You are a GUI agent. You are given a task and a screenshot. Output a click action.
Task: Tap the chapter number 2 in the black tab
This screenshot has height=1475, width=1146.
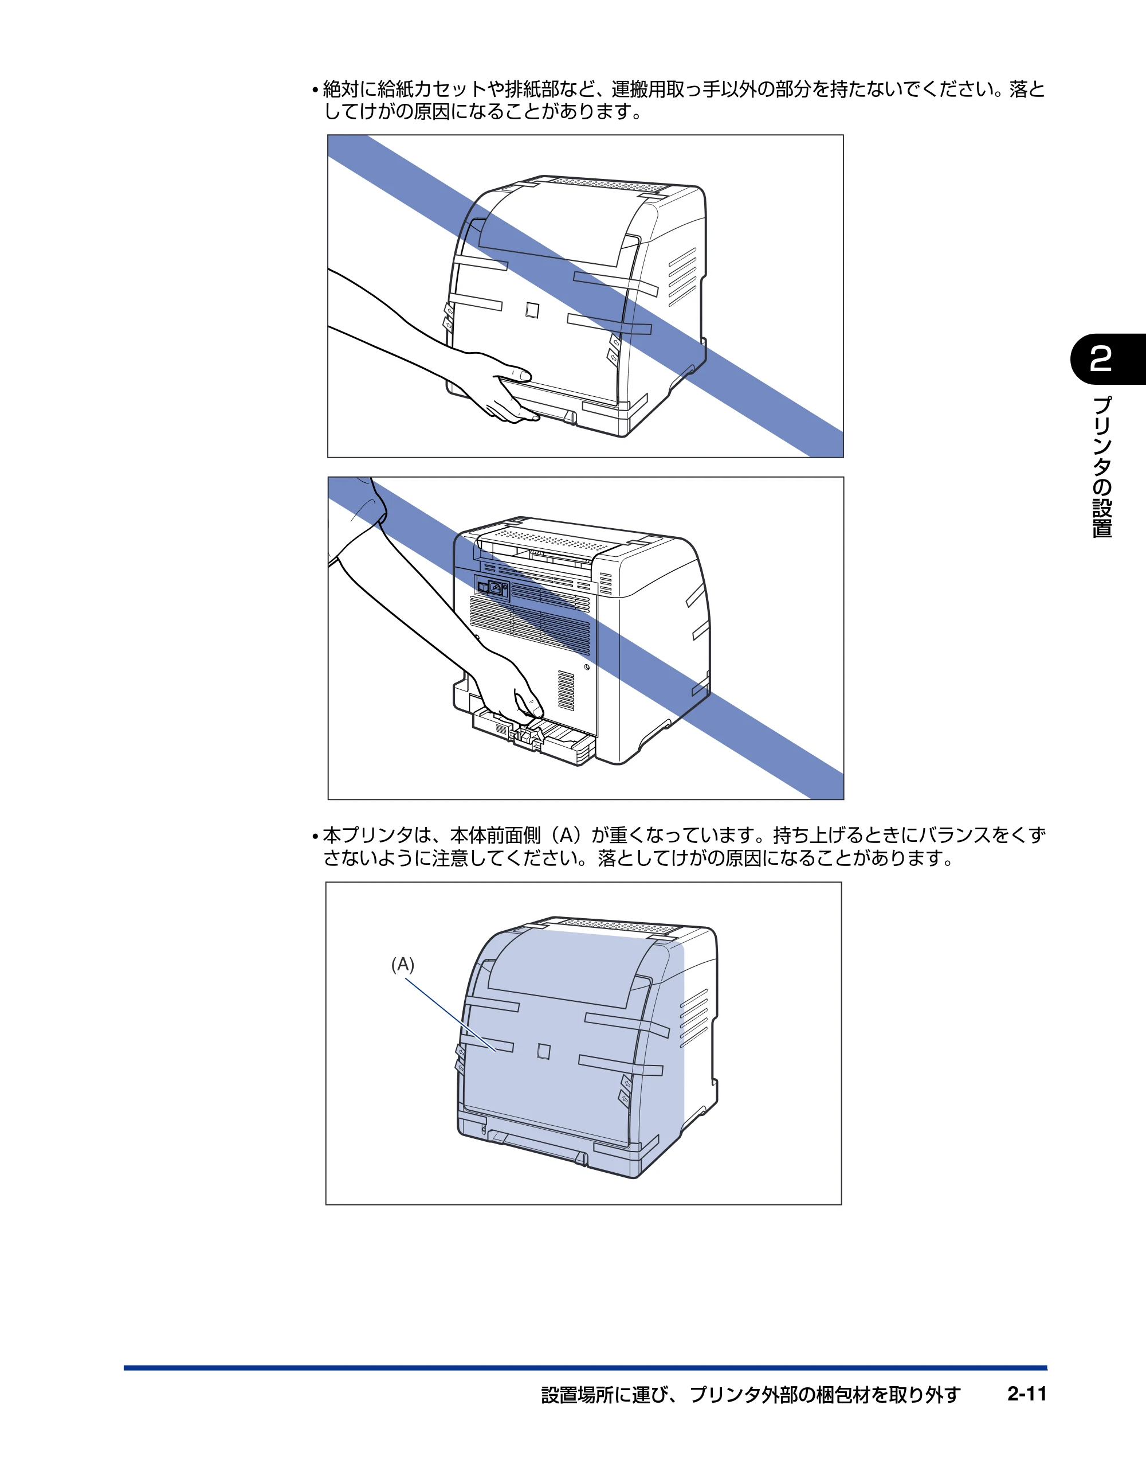1101,360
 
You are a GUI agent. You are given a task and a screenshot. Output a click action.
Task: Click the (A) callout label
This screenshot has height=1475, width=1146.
403,965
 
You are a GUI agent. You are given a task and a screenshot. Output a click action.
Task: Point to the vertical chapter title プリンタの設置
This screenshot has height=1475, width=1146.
1101,467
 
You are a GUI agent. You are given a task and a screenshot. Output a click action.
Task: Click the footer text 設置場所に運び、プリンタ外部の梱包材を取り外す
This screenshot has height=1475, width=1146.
751,1395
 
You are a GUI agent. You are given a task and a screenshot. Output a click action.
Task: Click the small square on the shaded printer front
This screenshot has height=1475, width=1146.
543,1052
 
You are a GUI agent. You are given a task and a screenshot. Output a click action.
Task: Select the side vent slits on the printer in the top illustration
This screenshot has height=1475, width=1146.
682,278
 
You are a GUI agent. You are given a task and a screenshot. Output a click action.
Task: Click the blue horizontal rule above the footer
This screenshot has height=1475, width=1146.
585,1368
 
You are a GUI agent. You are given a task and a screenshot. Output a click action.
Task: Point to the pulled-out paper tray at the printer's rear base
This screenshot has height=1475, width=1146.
533,737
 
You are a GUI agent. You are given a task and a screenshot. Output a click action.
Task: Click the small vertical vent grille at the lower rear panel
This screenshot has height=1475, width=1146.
566,691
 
